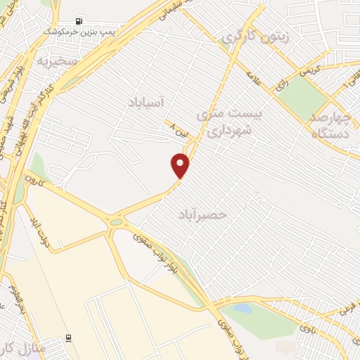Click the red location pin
coord(181,165)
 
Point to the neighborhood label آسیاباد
coord(146,103)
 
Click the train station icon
coord(67,337)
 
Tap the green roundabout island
coord(115,223)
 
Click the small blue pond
coord(243,308)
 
